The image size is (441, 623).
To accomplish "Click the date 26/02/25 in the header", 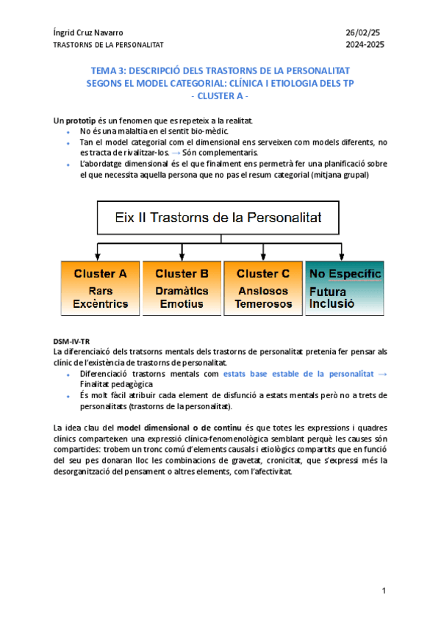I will (365, 33).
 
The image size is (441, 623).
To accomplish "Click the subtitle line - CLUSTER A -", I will (220, 96).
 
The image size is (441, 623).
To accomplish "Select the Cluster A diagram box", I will (101, 287).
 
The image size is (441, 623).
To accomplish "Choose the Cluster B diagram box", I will (182, 287).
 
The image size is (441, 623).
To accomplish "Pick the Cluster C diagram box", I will (263, 287).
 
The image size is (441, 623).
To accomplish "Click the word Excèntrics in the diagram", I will (101, 303).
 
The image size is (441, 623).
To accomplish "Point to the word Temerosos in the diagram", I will (263, 303).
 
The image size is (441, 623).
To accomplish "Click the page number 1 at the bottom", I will (384, 591).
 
